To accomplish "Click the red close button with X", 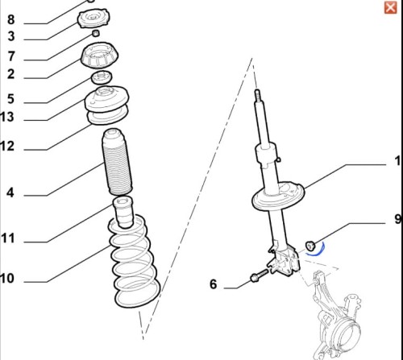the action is click(390, 7).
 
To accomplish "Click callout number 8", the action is click(10, 19).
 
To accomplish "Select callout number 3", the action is click(11, 36).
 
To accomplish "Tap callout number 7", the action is click(11, 56).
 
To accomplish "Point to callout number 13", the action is click(7, 117).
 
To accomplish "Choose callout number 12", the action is click(7, 146).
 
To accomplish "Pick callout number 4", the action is click(10, 192).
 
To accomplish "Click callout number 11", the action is click(7, 238).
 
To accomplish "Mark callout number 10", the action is click(7, 278).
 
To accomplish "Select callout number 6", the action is click(213, 284).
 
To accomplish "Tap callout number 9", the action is click(398, 219).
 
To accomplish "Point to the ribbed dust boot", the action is click(117, 162).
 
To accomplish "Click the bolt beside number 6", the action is click(259, 275).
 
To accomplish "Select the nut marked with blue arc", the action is click(310, 246).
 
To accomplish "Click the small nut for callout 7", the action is click(96, 34).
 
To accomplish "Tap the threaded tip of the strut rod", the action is click(257, 95).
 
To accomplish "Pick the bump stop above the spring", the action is click(123, 212).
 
